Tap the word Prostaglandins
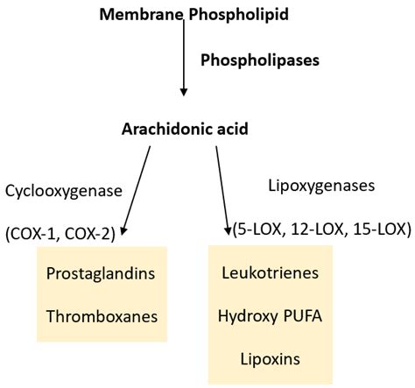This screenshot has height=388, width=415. (x=102, y=274)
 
